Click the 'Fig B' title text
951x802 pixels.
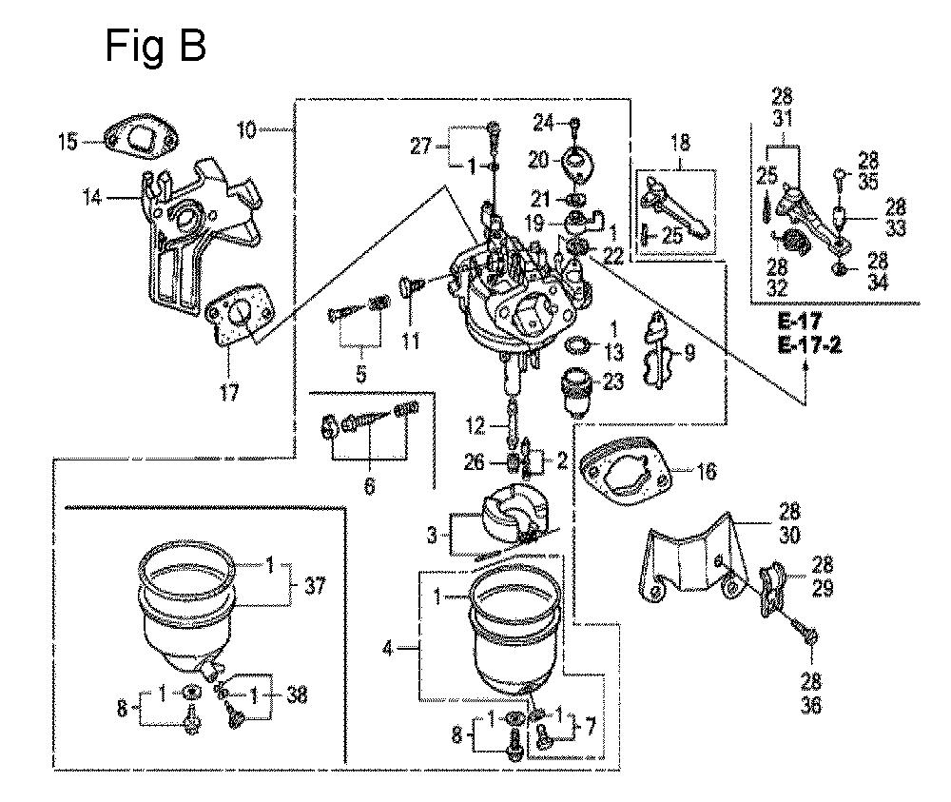(x=155, y=46)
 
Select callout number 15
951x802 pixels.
(x=68, y=142)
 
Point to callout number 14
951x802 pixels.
(x=92, y=197)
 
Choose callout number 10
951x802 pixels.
(x=247, y=129)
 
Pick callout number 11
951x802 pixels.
(x=411, y=341)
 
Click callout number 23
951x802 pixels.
(x=613, y=381)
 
